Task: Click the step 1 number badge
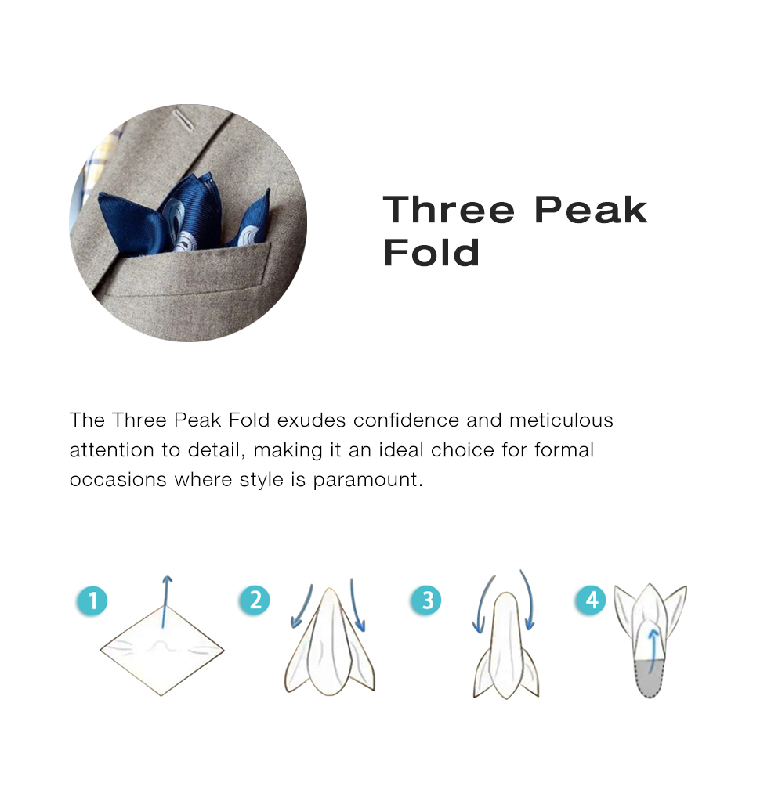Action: coord(92,600)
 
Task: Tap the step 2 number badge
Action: coord(255,600)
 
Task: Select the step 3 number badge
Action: coord(426,600)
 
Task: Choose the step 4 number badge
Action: coord(591,600)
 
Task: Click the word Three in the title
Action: coord(448,209)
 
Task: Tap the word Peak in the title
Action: coord(591,209)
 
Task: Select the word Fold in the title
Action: coord(431,252)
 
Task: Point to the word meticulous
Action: coord(561,420)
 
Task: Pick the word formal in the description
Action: coord(564,450)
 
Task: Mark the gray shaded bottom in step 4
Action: coord(650,679)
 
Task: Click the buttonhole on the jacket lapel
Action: coord(183,120)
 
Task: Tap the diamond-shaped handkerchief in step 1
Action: coord(161,651)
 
